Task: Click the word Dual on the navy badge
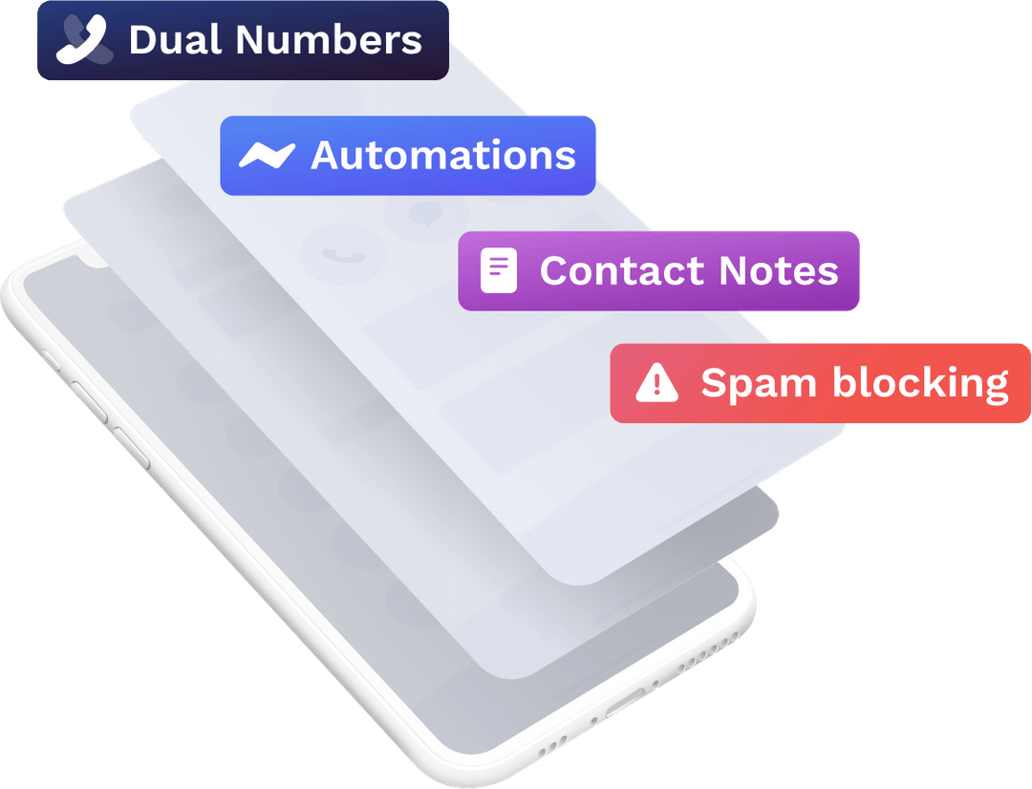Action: click(176, 40)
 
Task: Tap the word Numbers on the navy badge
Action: click(329, 40)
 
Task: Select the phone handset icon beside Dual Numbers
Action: click(84, 40)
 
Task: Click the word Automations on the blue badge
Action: click(443, 156)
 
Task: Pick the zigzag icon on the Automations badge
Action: click(266, 155)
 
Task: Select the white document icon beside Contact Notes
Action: click(499, 270)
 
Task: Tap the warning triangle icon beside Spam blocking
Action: click(656, 383)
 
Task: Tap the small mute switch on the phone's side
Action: click(48, 362)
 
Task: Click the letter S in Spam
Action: click(714, 383)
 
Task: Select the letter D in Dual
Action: click(142, 40)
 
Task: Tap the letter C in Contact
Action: click(555, 270)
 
